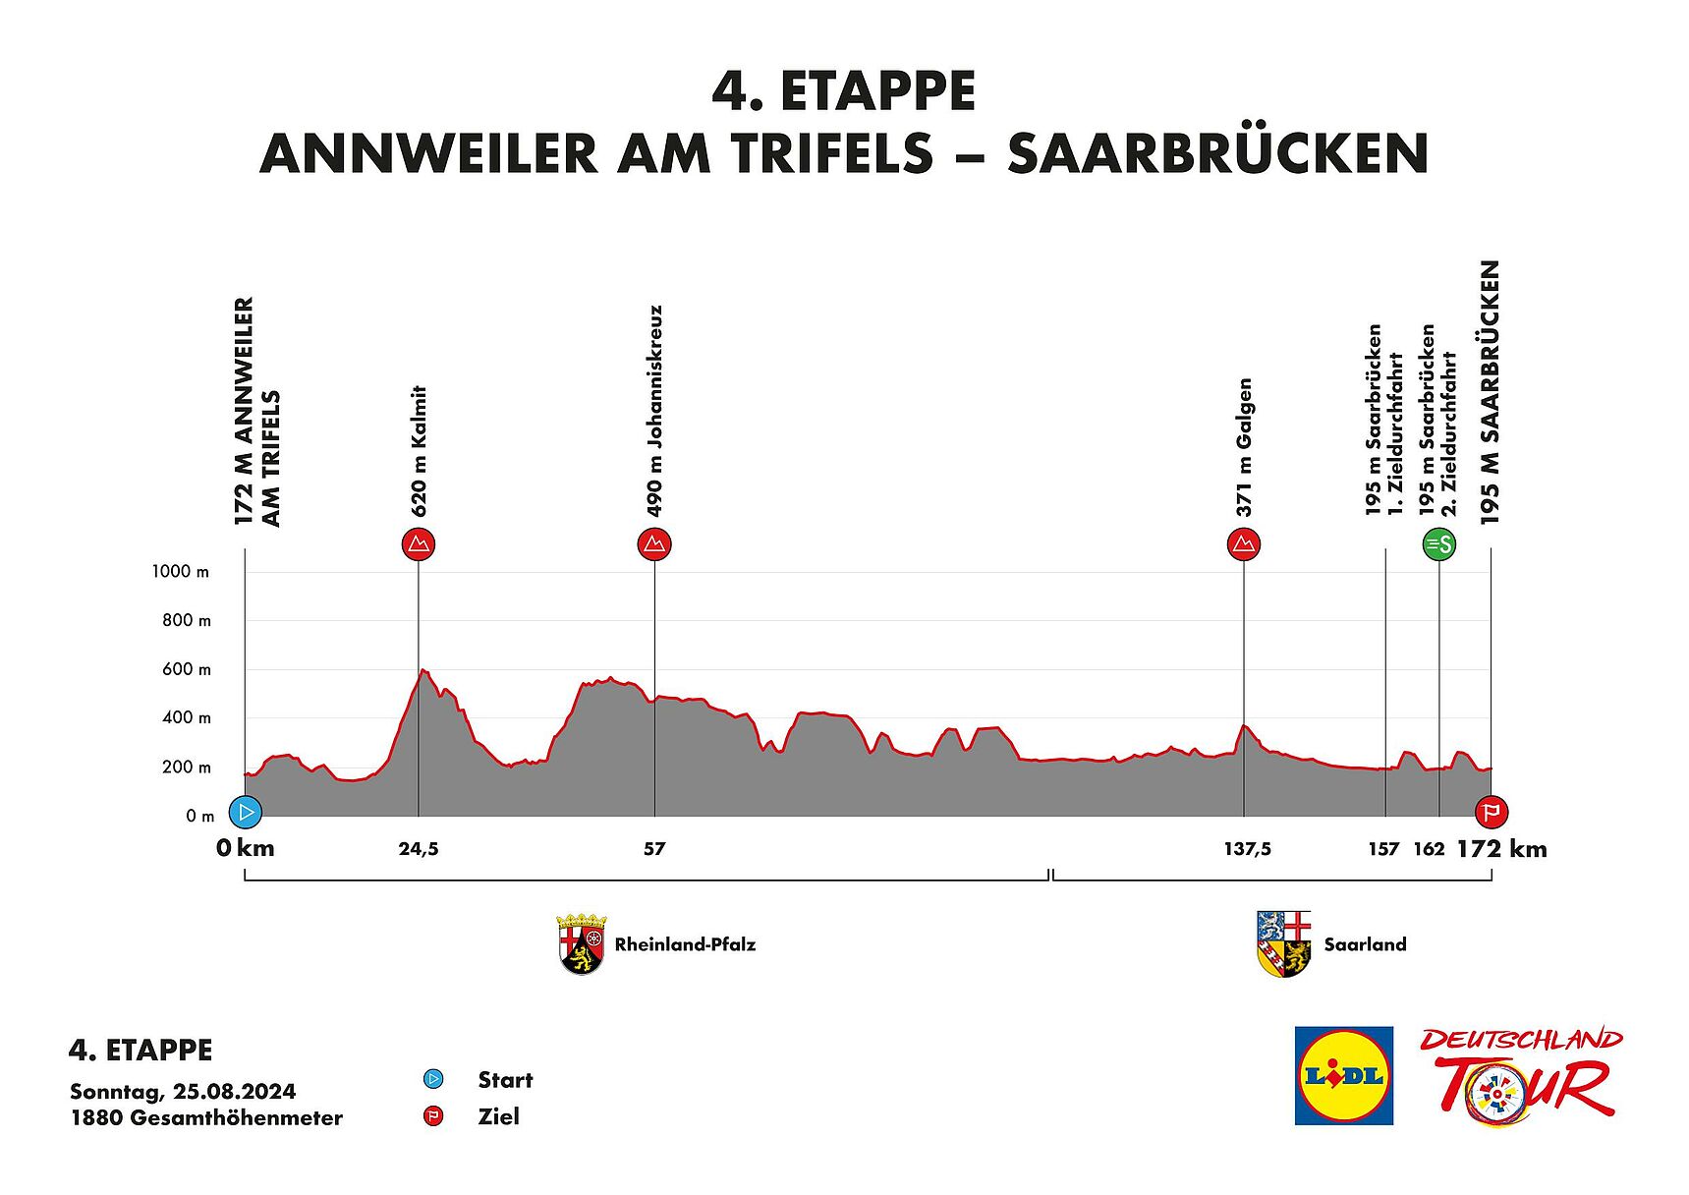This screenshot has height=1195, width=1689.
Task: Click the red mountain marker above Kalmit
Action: pyautogui.click(x=419, y=544)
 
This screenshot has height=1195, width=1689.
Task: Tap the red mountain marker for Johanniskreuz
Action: pyautogui.click(x=654, y=544)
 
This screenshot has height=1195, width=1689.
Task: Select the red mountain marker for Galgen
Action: pyautogui.click(x=1244, y=544)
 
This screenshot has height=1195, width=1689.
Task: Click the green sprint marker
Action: pyautogui.click(x=1439, y=544)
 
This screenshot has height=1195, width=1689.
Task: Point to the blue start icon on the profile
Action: pyautogui.click(x=246, y=813)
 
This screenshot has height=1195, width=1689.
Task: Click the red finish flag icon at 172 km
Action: pyautogui.click(x=1492, y=813)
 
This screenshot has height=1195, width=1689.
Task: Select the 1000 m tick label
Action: pyautogui.click(x=181, y=572)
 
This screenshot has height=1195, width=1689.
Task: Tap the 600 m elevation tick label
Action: pyautogui.click(x=187, y=670)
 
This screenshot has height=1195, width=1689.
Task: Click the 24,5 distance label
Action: pyautogui.click(x=419, y=849)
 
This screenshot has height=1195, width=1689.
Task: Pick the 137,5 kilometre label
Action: pyautogui.click(x=1247, y=849)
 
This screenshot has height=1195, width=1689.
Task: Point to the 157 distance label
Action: pyautogui.click(x=1383, y=849)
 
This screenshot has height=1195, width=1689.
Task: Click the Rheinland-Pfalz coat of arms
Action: pyautogui.click(x=582, y=944)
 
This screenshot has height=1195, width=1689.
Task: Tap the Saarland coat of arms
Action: pyautogui.click(x=1284, y=944)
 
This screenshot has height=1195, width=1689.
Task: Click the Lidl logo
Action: pyautogui.click(x=1344, y=1075)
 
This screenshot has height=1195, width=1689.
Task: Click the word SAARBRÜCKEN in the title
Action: pyautogui.click(x=1217, y=154)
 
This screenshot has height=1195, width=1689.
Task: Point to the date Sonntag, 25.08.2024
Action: pyautogui.click(x=183, y=1092)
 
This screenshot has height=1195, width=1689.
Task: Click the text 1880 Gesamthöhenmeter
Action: pyautogui.click(x=206, y=1118)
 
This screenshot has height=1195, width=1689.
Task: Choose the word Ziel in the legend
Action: pyautogui.click(x=498, y=1117)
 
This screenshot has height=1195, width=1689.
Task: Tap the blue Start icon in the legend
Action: pyautogui.click(x=433, y=1080)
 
